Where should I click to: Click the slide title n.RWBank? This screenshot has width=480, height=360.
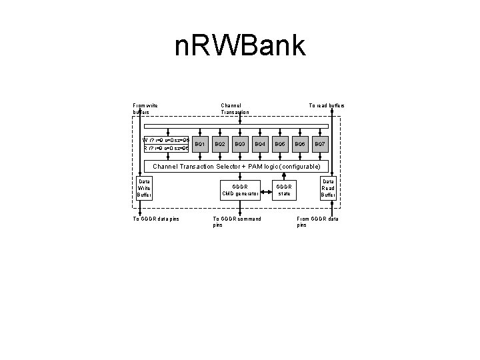239,47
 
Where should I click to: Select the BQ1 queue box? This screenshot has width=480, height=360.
200,144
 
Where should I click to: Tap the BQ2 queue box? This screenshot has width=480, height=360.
221,144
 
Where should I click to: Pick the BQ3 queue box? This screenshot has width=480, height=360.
241,144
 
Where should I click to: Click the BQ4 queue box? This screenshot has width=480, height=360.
260,144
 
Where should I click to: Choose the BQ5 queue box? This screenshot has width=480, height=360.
280,144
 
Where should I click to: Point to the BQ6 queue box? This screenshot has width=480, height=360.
300,144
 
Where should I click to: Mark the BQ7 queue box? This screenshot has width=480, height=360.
320,144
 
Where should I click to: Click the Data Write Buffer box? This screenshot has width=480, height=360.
144,188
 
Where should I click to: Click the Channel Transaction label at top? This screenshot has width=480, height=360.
235,109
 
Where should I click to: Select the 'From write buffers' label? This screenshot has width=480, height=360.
145,109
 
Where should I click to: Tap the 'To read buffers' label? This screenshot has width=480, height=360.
326,105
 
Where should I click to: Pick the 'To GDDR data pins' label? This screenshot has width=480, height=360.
156,219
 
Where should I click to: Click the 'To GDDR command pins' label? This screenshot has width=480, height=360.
236,222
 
